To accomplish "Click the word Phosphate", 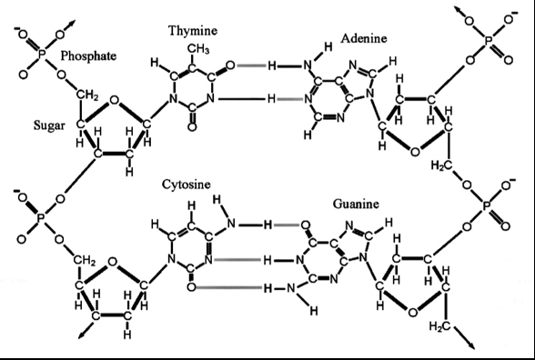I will [88, 56].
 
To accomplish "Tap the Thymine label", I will [192, 31].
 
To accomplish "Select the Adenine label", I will [364, 38].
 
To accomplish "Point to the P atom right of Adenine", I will [490, 40].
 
